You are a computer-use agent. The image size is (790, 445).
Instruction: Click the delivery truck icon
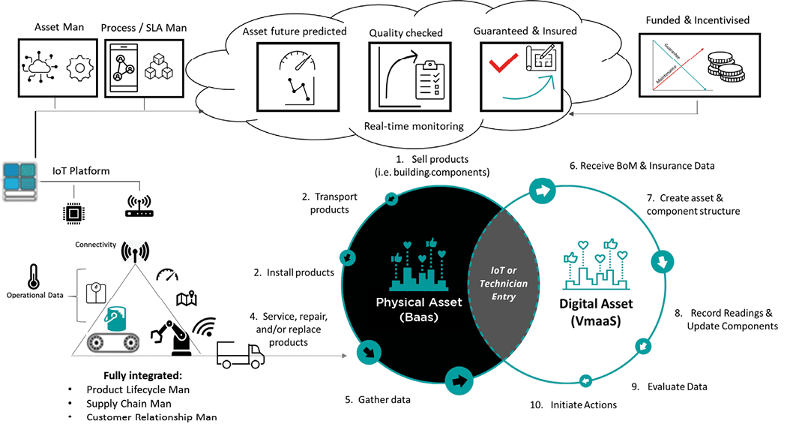point(241,353)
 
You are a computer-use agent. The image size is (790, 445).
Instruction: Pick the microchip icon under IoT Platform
point(73,213)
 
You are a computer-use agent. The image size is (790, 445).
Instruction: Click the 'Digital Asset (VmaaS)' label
point(597,311)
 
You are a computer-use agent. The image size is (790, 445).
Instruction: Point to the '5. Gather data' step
point(378,400)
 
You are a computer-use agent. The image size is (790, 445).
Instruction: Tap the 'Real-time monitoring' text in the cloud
point(414,126)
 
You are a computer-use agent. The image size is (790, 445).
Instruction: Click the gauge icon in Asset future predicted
point(296,60)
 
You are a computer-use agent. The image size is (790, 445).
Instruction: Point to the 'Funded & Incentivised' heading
point(697,20)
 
